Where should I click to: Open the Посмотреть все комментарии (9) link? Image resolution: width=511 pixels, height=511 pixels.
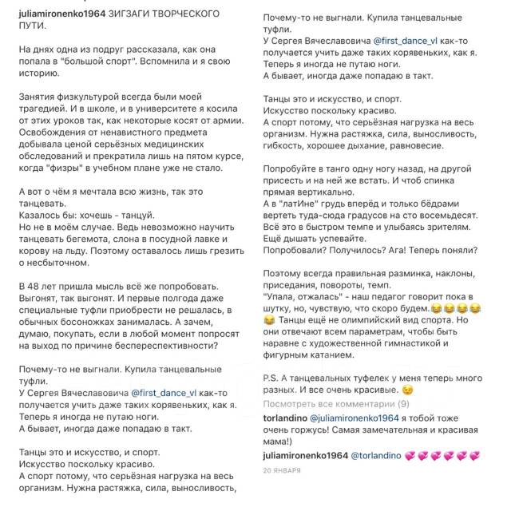(335, 404)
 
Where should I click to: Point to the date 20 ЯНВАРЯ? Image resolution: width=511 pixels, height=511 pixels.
(281, 470)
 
